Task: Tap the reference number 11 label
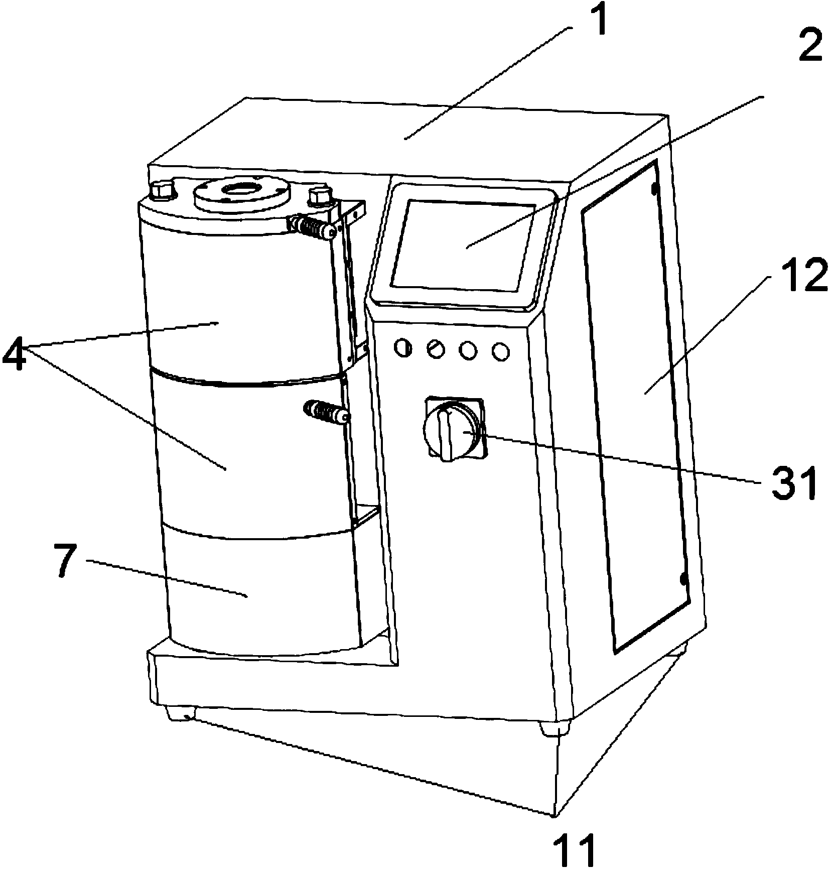point(573,851)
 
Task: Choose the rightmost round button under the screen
point(500,352)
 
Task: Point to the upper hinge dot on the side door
point(654,189)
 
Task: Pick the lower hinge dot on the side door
point(683,580)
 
